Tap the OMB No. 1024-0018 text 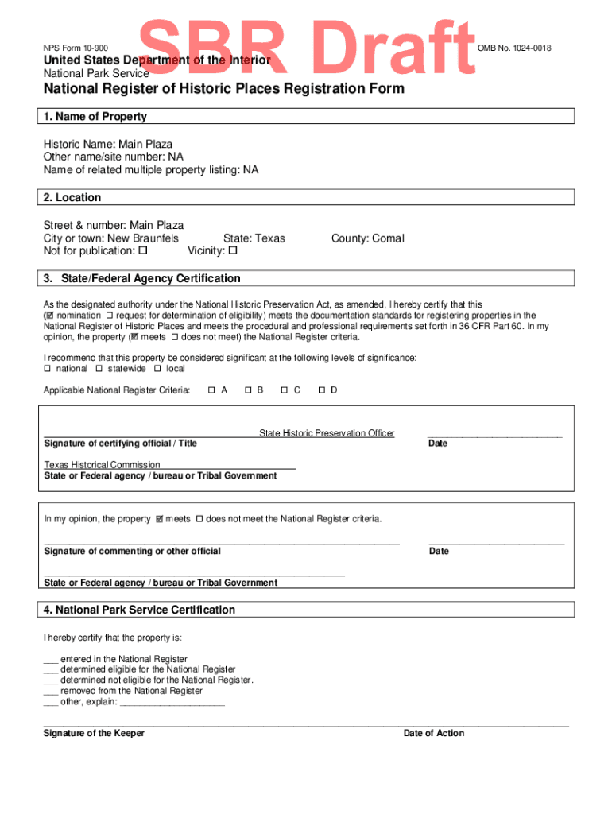point(514,49)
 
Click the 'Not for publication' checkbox point(143,251)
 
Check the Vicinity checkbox point(233,251)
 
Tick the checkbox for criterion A point(211,390)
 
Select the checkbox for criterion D point(321,390)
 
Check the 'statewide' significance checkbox point(99,369)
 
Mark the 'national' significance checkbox point(47,369)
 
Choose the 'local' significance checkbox point(157,369)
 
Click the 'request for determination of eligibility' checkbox point(109,315)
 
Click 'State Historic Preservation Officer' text point(327,433)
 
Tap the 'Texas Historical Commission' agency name point(102,465)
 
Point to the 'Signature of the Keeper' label point(94,733)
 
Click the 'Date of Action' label point(433,733)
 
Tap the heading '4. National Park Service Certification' point(139,610)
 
